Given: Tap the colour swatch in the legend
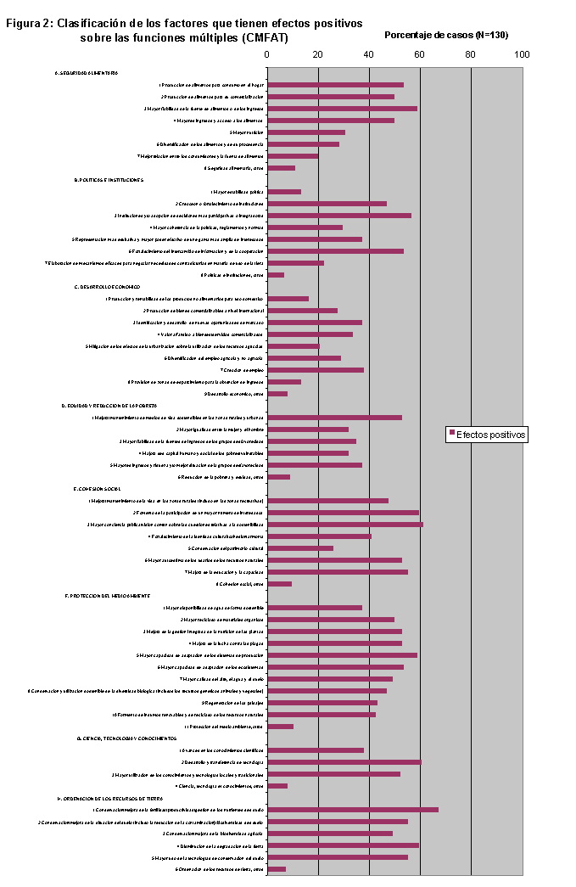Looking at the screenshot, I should click(x=451, y=435).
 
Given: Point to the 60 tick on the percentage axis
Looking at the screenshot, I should click(x=420, y=54).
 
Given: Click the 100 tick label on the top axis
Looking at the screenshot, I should click(x=522, y=54).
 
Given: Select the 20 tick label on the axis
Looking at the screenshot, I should click(x=318, y=54).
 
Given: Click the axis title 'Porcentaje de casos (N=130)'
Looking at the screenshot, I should click(x=446, y=35).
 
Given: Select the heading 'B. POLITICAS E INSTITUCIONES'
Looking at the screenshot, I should click(x=109, y=180).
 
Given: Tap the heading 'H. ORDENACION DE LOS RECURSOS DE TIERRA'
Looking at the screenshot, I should click(x=110, y=798).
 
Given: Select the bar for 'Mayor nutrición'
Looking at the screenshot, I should click(x=306, y=132).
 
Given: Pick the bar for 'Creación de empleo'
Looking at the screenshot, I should click(x=316, y=370).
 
